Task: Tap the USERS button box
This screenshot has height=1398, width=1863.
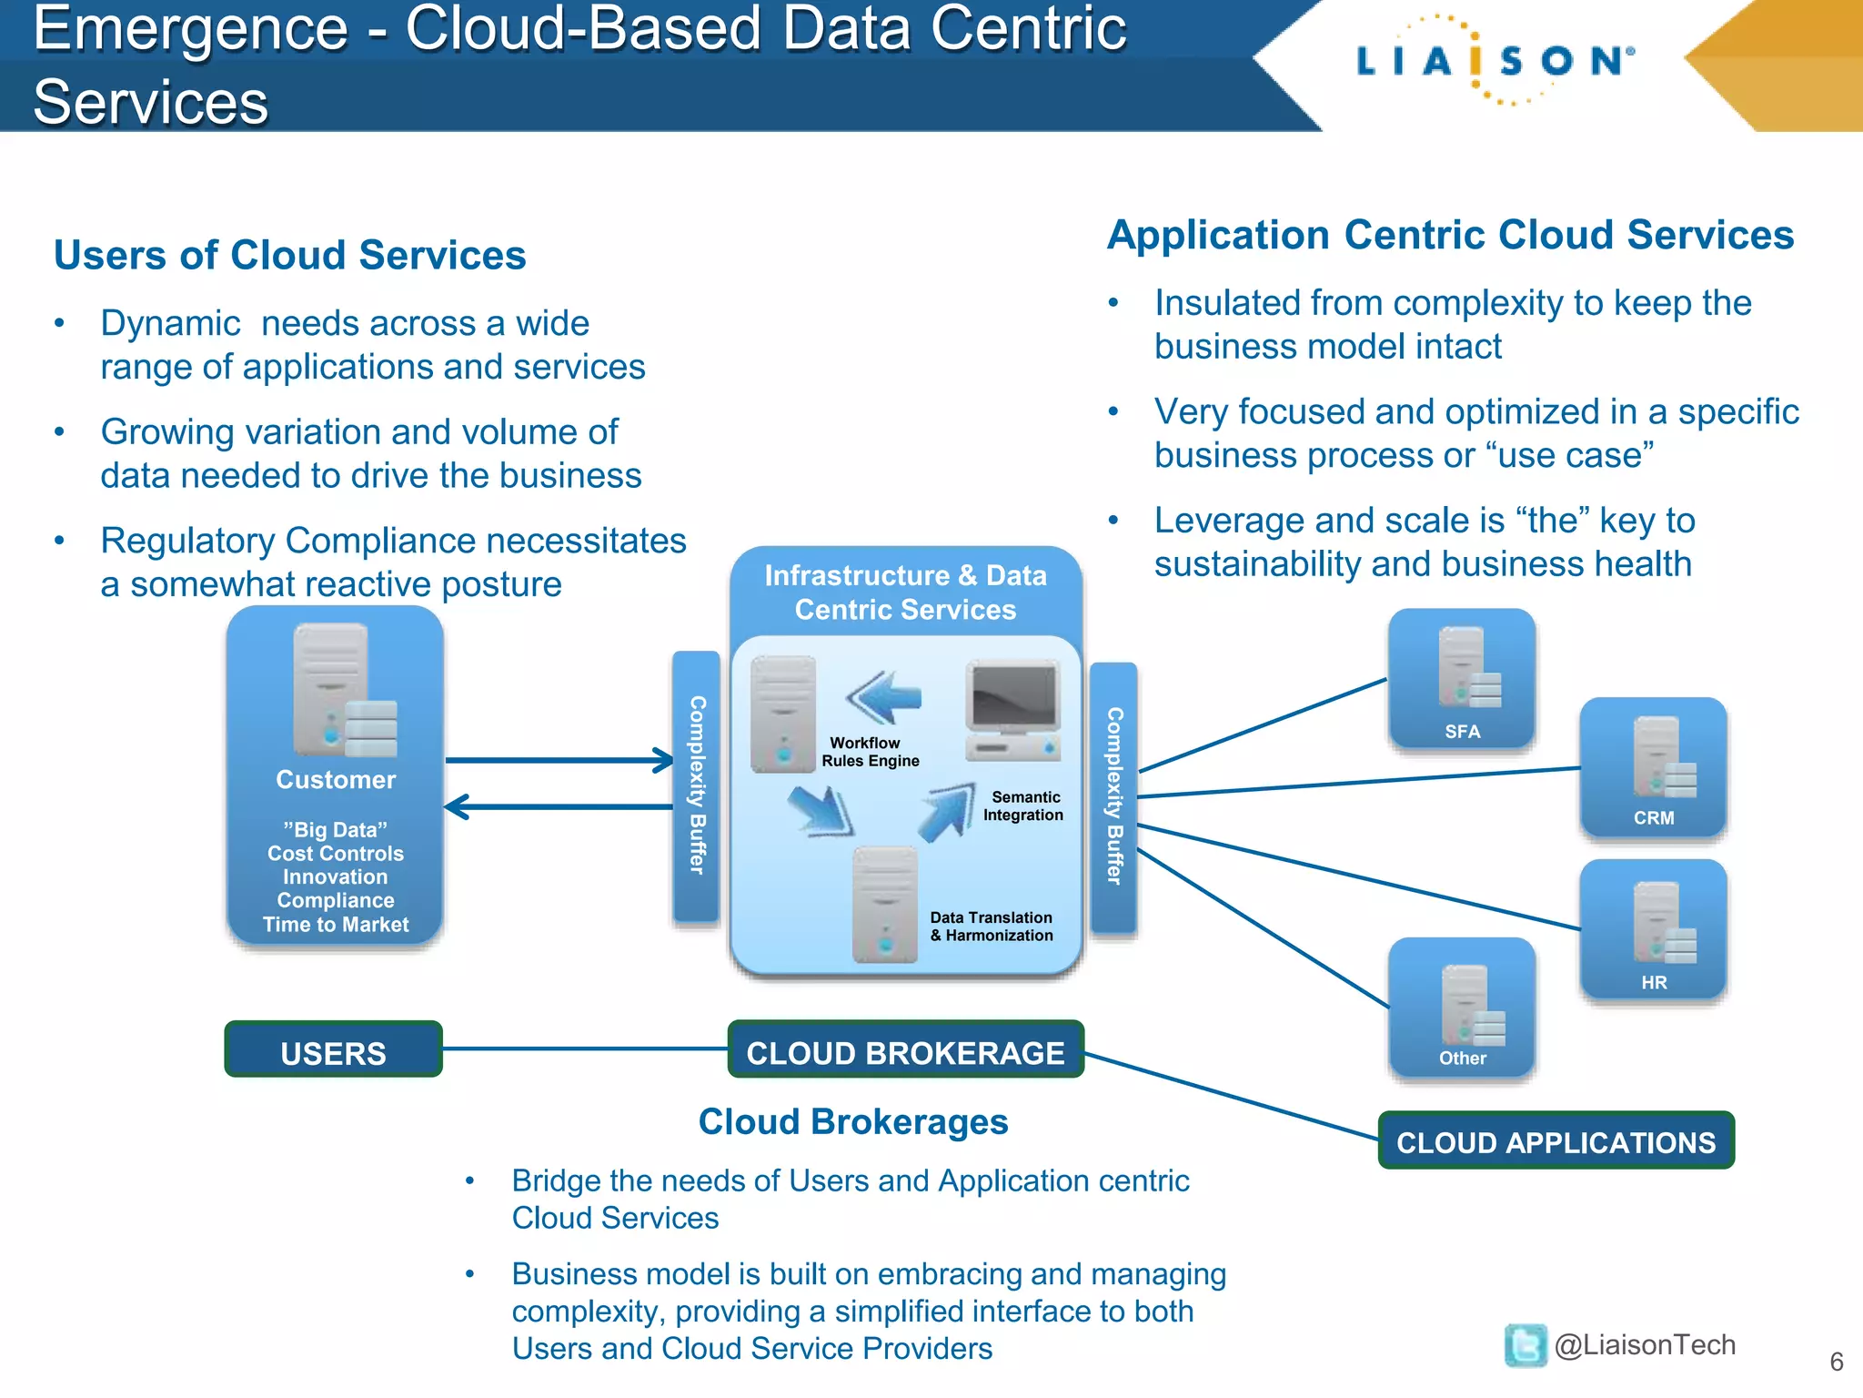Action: tap(333, 1051)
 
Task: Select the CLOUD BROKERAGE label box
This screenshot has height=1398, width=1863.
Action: tap(905, 1051)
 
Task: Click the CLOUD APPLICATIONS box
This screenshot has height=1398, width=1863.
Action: tap(1556, 1141)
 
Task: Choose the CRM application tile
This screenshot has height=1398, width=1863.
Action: tap(1653, 768)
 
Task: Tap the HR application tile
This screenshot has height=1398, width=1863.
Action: tap(1653, 931)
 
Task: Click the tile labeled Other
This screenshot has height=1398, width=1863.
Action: tap(1462, 1008)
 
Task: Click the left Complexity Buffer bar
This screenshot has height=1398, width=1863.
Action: tap(696, 786)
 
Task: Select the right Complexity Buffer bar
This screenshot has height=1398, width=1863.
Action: tap(1113, 796)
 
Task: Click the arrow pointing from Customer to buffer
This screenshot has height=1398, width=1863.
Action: tap(559, 760)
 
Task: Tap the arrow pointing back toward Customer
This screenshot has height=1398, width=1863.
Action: tap(559, 806)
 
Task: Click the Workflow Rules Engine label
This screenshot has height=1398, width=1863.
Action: tap(869, 752)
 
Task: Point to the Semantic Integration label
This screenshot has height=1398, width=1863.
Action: tap(1023, 806)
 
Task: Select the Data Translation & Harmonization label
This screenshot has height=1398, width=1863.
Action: tap(991, 927)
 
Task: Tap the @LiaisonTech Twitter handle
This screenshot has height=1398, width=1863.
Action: tap(1644, 1345)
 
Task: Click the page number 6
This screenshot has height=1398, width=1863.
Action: tap(1836, 1363)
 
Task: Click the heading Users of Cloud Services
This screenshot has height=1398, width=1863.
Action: tap(289, 255)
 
